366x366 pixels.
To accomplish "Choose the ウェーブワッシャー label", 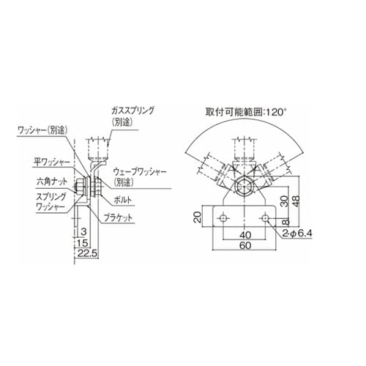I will (142, 170).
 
